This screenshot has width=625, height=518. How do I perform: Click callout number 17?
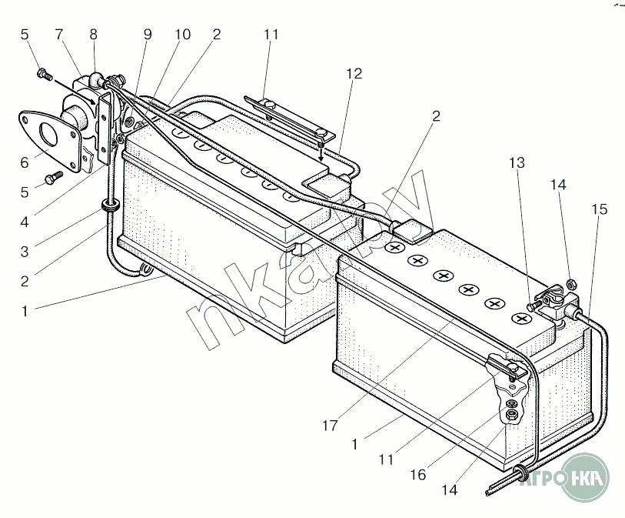pyautogui.click(x=330, y=426)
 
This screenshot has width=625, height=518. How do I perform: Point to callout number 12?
pyautogui.click(x=354, y=74)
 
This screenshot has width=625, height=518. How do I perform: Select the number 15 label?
pyautogui.click(x=599, y=209)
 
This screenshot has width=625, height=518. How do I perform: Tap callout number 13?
pyautogui.click(x=517, y=163)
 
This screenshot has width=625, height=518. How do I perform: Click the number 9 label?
pyautogui.click(x=148, y=35)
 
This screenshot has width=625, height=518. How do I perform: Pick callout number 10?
pyautogui.click(x=182, y=35)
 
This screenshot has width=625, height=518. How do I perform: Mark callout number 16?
pyautogui.click(x=418, y=474)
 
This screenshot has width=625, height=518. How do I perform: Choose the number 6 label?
pyautogui.click(x=25, y=162)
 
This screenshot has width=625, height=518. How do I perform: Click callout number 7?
pyautogui.click(x=59, y=35)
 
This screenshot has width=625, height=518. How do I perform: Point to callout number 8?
pyautogui.click(x=93, y=35)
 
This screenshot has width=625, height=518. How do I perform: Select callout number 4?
pyautogui.click(x=25, y=222)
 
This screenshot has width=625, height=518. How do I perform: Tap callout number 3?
pyautogui.click(x=25, y=252)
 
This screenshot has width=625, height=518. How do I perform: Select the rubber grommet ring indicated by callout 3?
pyautogui.click(x=109, y=206)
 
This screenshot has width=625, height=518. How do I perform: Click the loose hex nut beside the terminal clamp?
pyautogui.click(x=570, y=284)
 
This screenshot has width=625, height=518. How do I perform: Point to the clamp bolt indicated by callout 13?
pyautogui.click(x=533, y=306)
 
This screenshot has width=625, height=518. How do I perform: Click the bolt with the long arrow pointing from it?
pyautogui.click(x=43, y=74)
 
